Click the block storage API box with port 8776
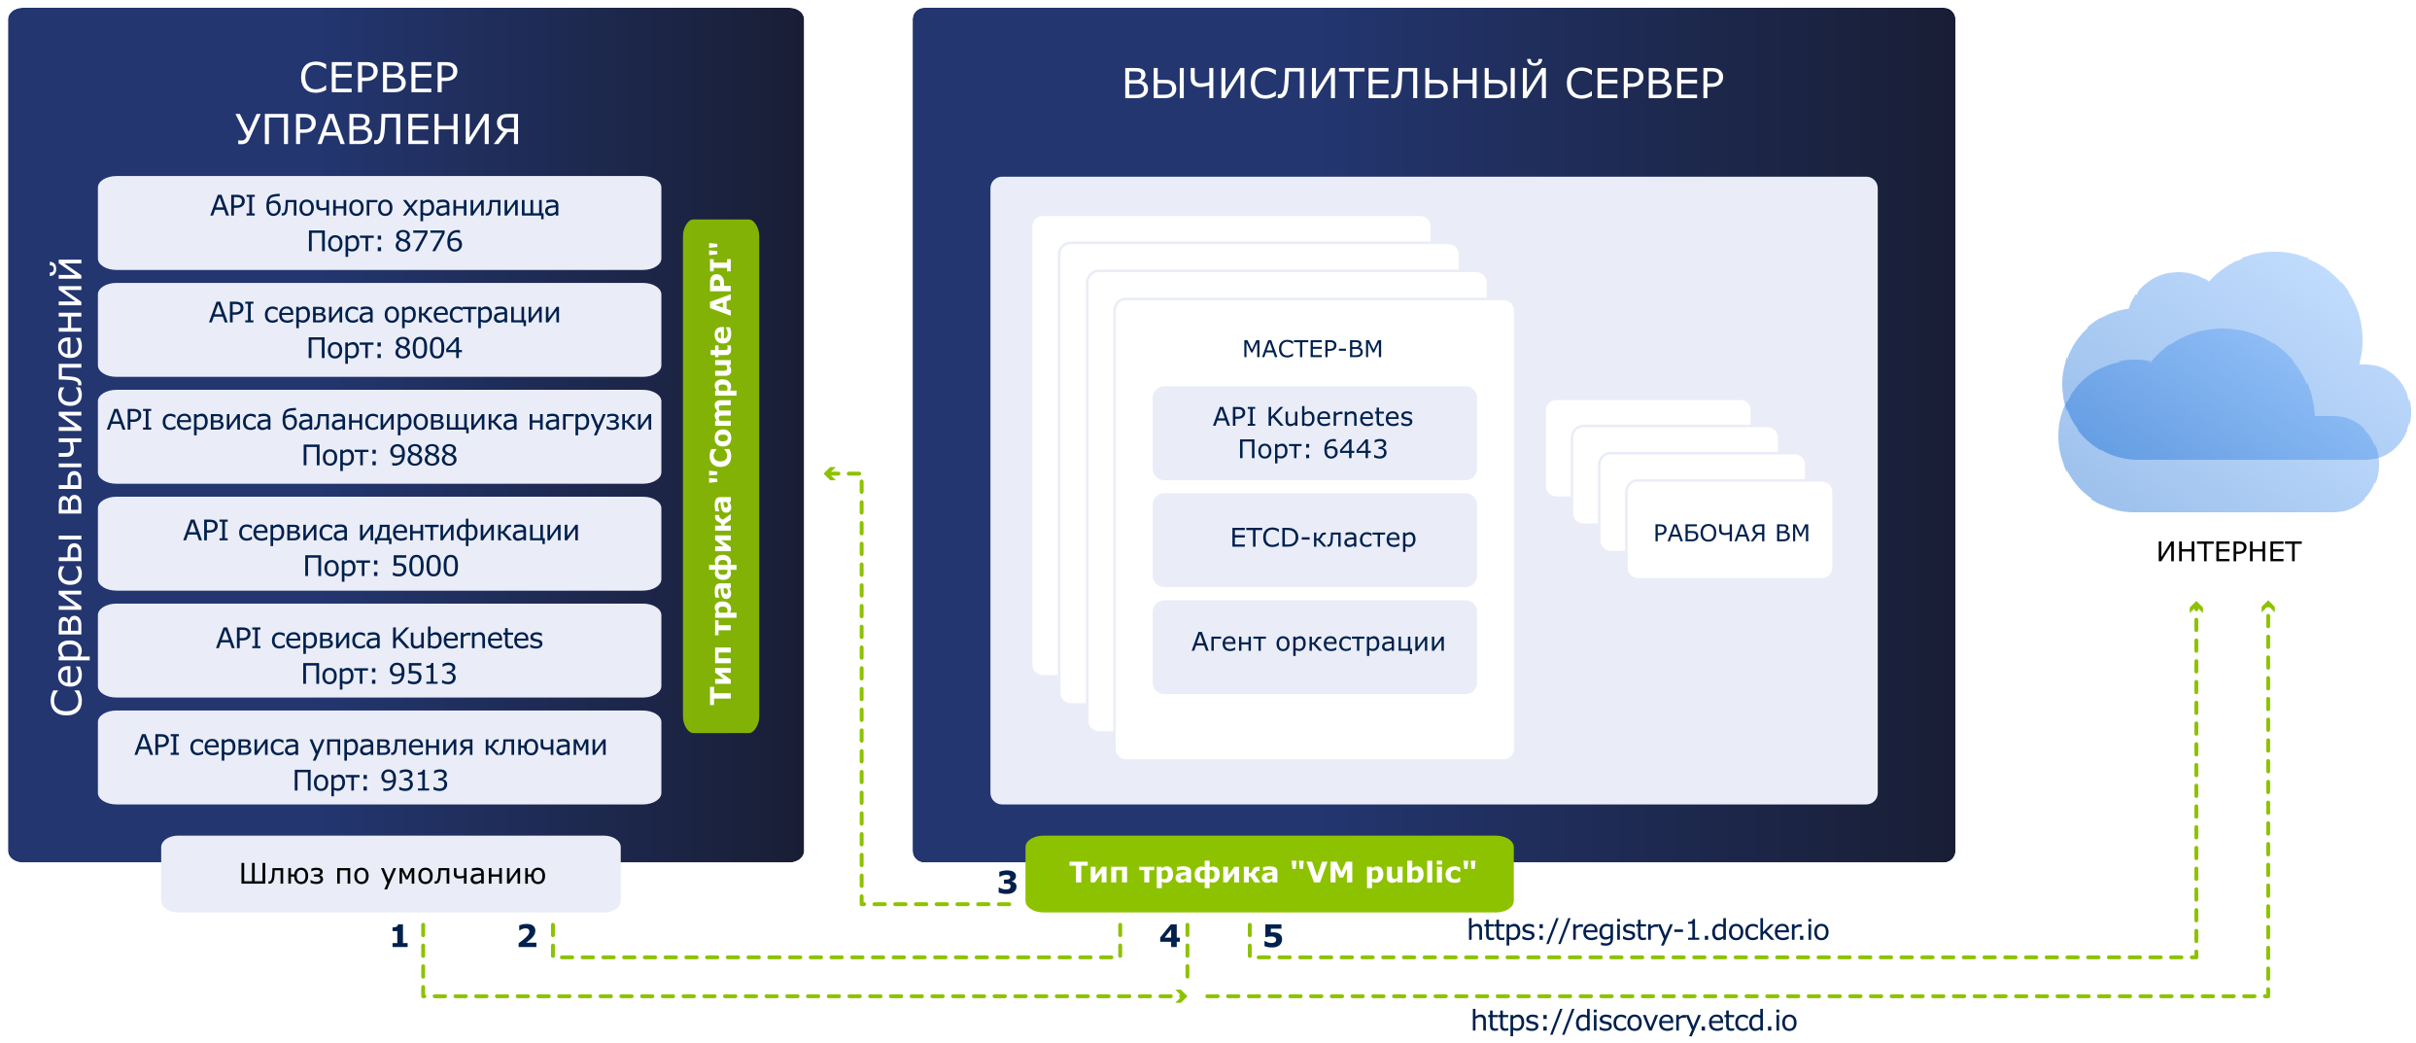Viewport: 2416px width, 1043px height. (379, 223)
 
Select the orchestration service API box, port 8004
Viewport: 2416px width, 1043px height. (379, 330)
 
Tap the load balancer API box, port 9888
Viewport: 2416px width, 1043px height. (379, 436)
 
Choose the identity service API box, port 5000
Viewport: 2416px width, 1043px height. (379, 543)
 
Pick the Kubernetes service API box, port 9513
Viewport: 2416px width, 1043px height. (379, 650)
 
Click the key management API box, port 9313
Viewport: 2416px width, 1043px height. (379, 757)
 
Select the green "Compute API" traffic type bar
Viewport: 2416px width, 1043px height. (721, 475)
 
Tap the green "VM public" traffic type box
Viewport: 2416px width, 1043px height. (1269, 873)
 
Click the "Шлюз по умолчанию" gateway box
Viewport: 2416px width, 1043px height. (391, 873)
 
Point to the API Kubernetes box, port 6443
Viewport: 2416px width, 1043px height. (1314, 433)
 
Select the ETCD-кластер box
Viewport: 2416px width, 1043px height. (1314, 539)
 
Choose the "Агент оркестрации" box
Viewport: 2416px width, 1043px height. (1314, 646)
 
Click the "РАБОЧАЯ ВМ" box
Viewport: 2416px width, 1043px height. (1730, 530)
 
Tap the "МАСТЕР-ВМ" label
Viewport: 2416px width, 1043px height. (1312, 349)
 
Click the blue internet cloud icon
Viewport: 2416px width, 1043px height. (2233, 382)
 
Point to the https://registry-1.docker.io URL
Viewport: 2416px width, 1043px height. (1647, 930)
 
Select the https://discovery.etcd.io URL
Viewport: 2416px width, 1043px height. (1634, 1021)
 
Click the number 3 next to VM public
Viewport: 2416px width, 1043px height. (1007, 883)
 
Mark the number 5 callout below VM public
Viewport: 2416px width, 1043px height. (1273, 936)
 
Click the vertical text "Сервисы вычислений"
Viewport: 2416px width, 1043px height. (66, 486)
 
